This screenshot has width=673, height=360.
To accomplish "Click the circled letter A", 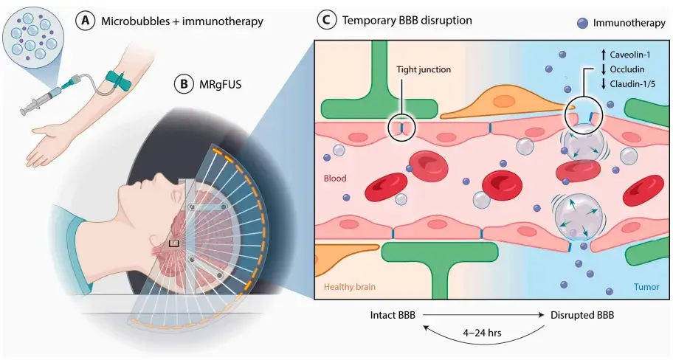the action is pyautogui.click(x=86, y=21).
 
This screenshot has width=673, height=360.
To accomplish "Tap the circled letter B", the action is pyautogui.click(x=184, y=83).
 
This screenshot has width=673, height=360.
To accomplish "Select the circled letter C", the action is pyautogui.click(x=326, y=20).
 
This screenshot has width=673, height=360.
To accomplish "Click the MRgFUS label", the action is pyautogui.click(x=220, y=84).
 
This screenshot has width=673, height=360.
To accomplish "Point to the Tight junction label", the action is pyautogui.click(x=424, y=69).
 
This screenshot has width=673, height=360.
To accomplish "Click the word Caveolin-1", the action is pyautogui.click(x=630, y=55).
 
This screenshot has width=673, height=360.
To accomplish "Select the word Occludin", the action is pyautogui.click(x=627, y=69).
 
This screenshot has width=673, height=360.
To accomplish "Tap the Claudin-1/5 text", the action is pyautogui.click(x=632, y=83).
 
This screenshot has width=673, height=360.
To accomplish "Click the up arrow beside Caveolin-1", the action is pyautogui.click(x=603, y=55).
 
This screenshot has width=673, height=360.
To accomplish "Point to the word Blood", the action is pyautogui.click(x=335, y=178).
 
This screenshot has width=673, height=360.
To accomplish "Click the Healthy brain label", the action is pyautogui.click(x=349, y=287).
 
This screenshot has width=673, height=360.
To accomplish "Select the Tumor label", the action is pyautogui.click(x=646, y=287).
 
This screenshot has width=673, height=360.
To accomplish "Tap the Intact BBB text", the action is pyautogui.click(x=393, y=315).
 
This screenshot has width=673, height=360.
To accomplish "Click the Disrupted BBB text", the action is pyautogui.click(x=582, y=315).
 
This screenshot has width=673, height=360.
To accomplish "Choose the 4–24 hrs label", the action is pyautogui.click(x=482, y=333).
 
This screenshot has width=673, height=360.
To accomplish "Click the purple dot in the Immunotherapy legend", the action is pyautogui.click(x=582, y=23).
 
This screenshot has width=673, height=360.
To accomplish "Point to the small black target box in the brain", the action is pyautogui.click(x=173, y=243).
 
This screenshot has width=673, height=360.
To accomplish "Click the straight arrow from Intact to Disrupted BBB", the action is pyautogui.click(x=483, y=315).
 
